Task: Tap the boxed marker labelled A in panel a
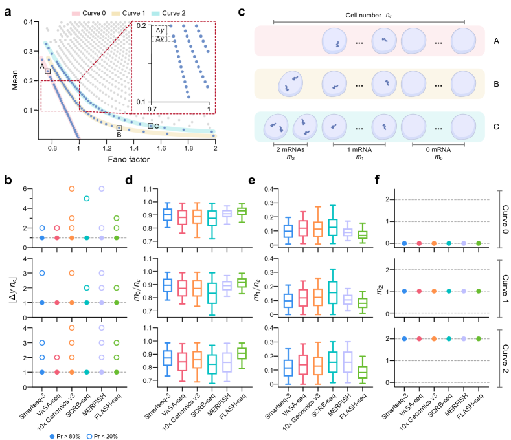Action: (47, 71)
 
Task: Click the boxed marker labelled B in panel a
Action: (119, 128)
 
